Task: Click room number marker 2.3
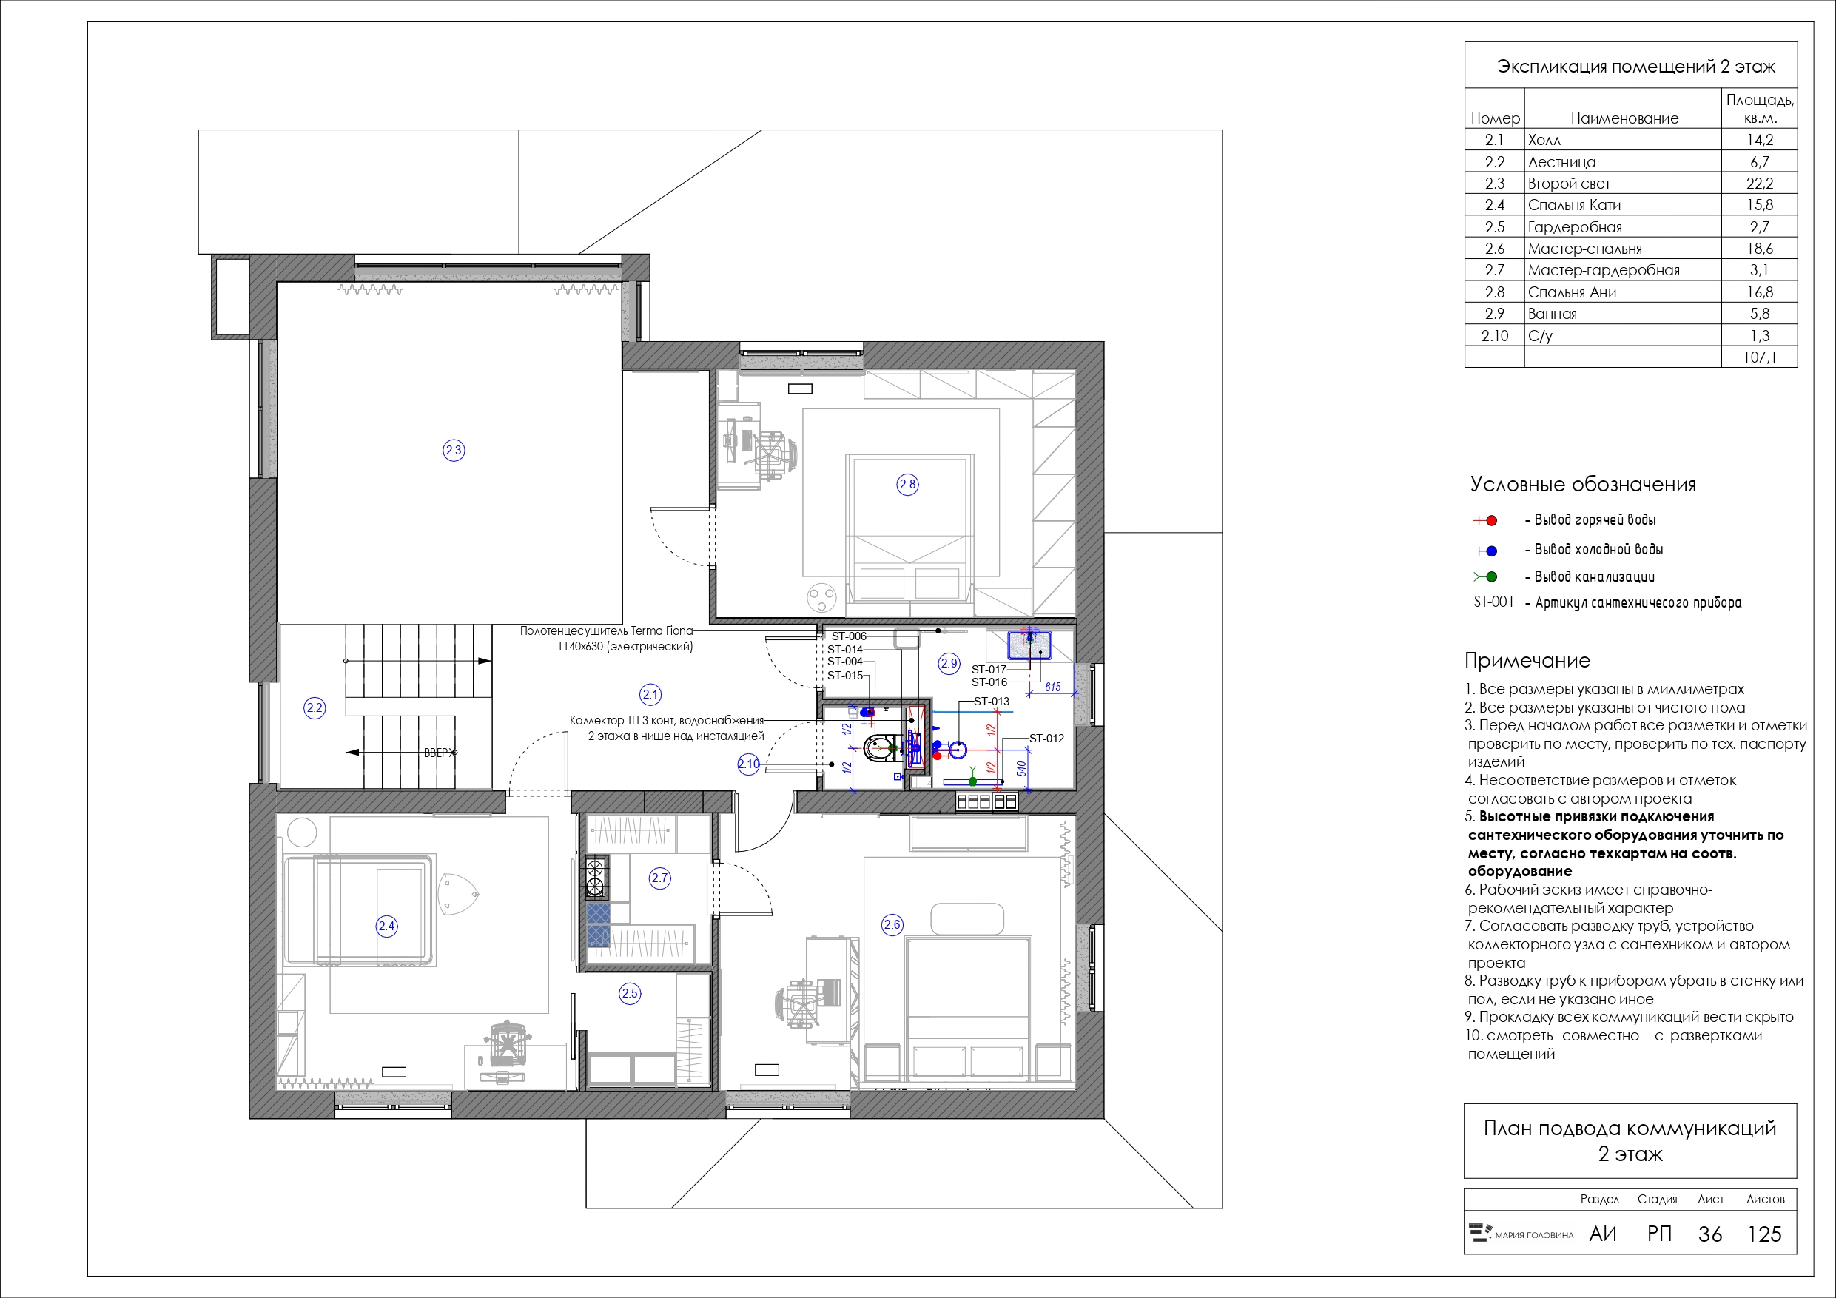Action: click(454, 450)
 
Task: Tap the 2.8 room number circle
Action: click(907, 484)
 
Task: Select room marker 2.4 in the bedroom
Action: click(386, 926)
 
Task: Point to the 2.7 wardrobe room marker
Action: click(659, 878)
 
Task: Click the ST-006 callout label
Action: click(848, 636)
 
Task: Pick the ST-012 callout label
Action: click(1046, 738)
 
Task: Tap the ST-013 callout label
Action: click(992, 702)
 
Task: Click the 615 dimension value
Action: click(1052, 687)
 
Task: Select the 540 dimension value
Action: click(1021, 770)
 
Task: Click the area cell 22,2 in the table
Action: click(1759, 183)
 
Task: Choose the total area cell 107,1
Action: click(1759, 357)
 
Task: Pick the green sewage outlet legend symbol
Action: click(1486, 576)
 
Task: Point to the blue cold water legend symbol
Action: click(1487, 551)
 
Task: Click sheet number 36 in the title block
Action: click(1709, 1234)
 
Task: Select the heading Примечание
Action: click(1527, 661)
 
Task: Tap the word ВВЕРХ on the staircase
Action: click(440, 753)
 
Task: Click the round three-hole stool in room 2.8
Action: click(822, 596)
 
